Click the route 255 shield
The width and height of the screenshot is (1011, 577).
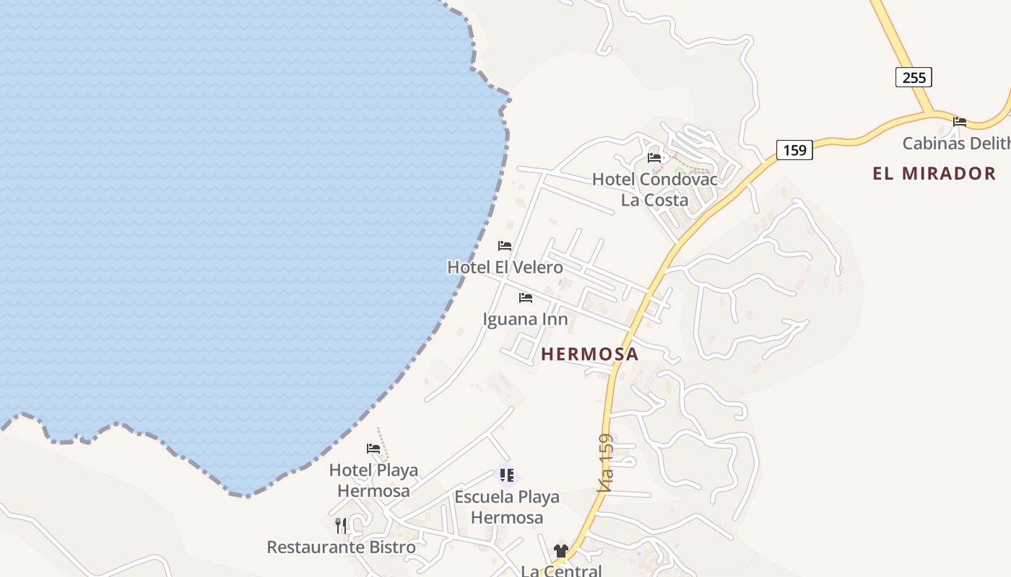pos(914,77)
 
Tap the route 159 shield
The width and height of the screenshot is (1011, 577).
pos(794,150)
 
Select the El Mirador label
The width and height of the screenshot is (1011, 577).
pos(934,173)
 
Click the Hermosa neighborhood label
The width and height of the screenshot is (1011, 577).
pos(589,354)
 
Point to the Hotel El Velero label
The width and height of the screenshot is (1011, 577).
pos(505,267)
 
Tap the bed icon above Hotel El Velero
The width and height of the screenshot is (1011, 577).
pos(505,246)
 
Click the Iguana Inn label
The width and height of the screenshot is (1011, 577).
pos(525,319)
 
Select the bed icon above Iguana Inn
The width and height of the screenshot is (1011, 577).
pos(526,297)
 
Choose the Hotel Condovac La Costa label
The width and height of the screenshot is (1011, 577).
pos(655,189)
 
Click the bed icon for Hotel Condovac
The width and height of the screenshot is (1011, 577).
pos(654,157)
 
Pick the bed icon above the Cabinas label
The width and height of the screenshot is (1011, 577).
pos(960,121)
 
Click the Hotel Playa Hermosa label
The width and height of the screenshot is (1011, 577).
pos(373,480)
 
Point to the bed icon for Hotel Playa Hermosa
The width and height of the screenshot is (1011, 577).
pos(373,449)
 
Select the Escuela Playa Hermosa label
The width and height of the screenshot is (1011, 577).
pos(507,507)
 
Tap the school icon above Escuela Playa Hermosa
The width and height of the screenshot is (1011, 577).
pos(507,475)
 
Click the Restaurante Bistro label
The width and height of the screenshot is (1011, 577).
pos(341,547)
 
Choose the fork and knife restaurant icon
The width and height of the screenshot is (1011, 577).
pos(341,525)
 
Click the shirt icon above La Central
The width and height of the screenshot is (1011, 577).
pos(561,551)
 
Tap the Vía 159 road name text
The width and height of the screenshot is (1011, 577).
pos(606,462)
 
